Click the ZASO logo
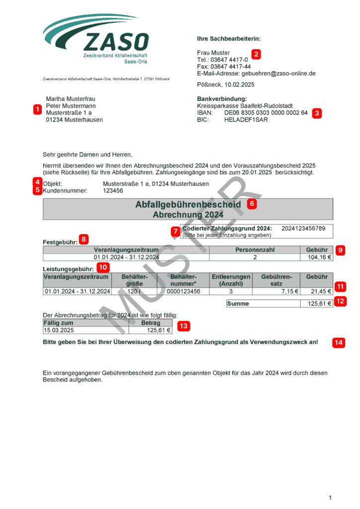tap(96, 40)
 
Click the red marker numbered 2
tap(256, 54)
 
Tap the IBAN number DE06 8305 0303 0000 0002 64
tap(266, 113)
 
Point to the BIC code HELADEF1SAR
tap(246, 120)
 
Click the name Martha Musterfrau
tap(71, 99)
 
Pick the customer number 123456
tap(113, 190)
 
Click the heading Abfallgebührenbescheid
tap(188, 204)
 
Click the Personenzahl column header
tap(255, 250)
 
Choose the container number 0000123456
tap(183, 291)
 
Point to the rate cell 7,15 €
tap(288, 291)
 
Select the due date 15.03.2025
tap(59, 330)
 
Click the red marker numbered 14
tap(339, 342)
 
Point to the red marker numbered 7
tap(175, 231)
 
